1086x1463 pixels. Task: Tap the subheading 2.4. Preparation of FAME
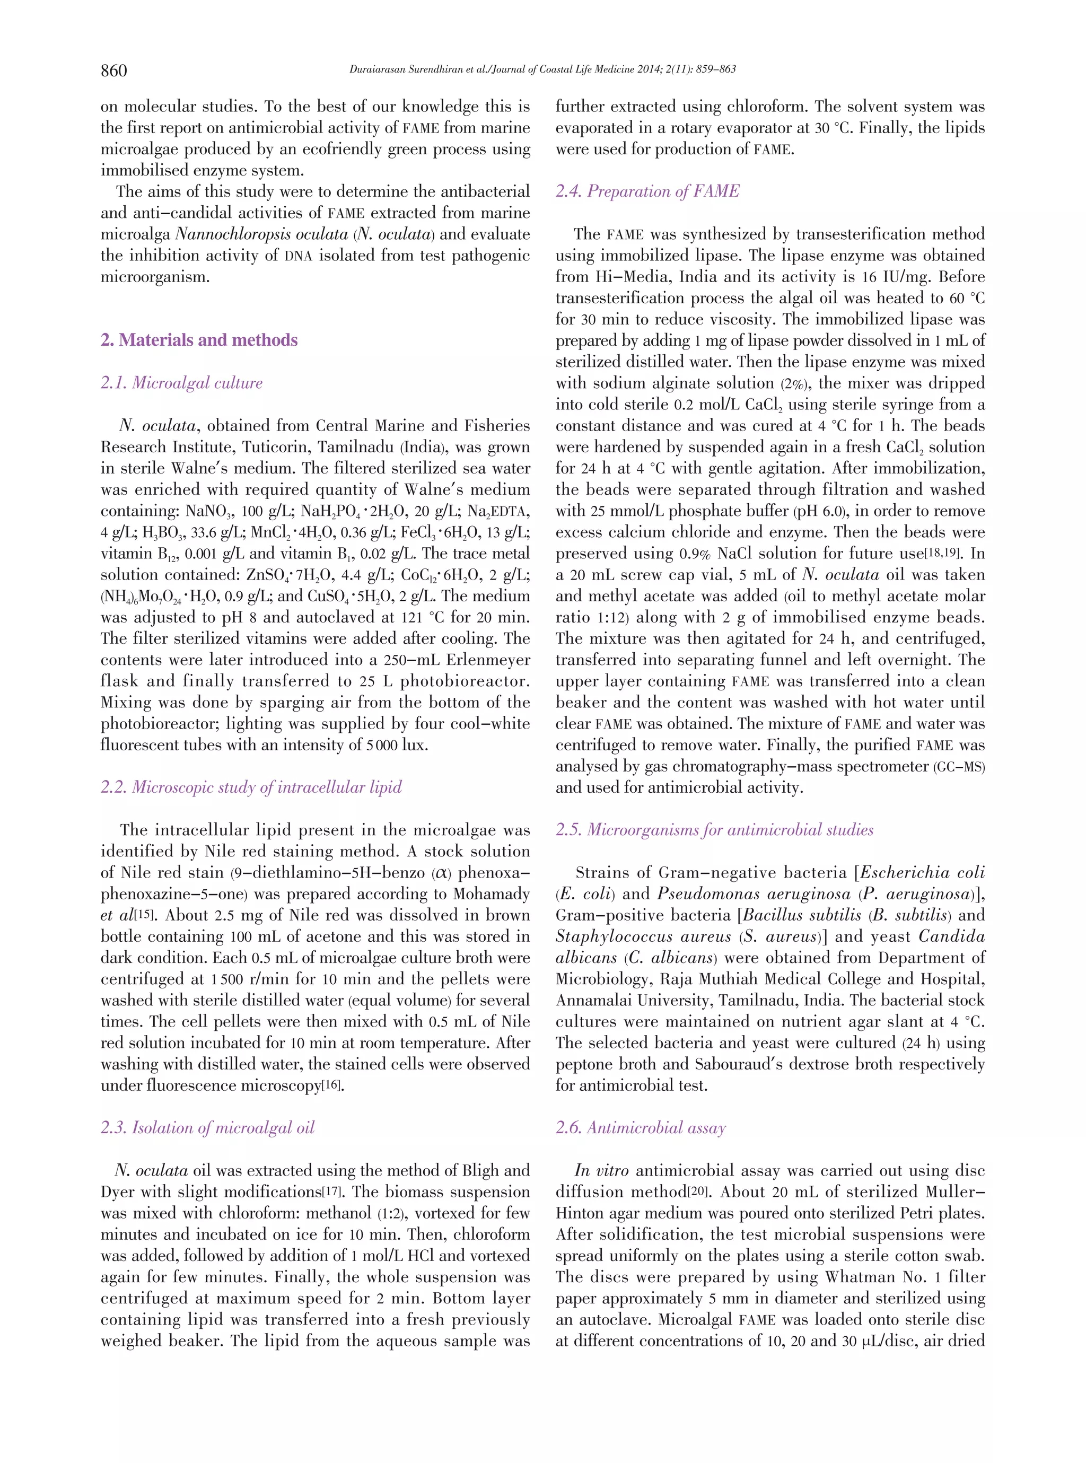pyautogui.click(x=647, y=191)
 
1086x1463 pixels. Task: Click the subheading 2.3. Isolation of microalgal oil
pyautogui.click(x=207, y=1127)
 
